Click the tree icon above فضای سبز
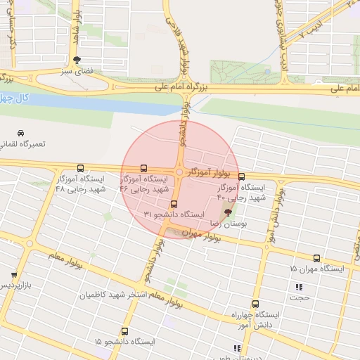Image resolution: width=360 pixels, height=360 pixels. click(x=77, y=60)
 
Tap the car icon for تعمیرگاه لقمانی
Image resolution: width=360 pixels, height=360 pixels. click(x=21, y=133)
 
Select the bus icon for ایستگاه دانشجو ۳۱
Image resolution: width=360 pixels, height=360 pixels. click(x=174, y=204)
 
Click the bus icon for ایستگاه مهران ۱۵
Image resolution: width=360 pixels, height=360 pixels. click(x=316, y=259)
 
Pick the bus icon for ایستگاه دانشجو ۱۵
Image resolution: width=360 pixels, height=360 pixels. click(x=124, y=331)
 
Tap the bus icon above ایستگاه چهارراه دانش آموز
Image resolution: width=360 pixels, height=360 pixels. click(x=255, y=304)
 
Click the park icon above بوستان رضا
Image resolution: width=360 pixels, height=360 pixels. click(x=227, y=212)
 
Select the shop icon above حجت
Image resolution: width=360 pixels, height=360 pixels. click(x=300, y=287)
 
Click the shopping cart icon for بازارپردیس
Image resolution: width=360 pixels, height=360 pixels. click(x=13, y=275)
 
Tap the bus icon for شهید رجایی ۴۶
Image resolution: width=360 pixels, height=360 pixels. click(x=144, y=169)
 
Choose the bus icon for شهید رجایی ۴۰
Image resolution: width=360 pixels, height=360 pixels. click(x=242, y=177)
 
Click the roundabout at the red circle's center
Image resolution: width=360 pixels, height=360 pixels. click(x=180, y=172)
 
